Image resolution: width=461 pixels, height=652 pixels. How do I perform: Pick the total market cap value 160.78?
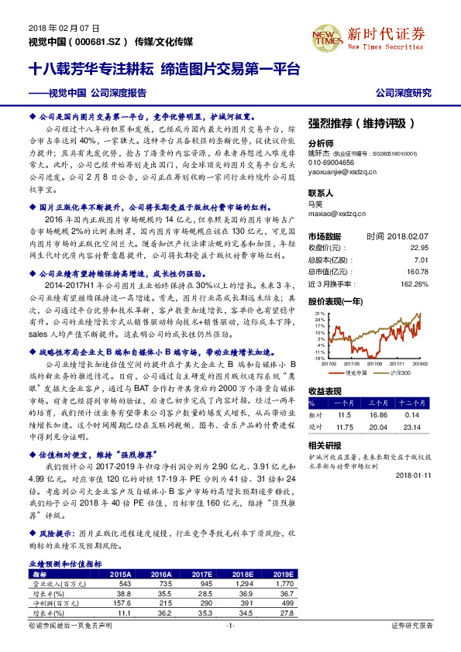point(416,272)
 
